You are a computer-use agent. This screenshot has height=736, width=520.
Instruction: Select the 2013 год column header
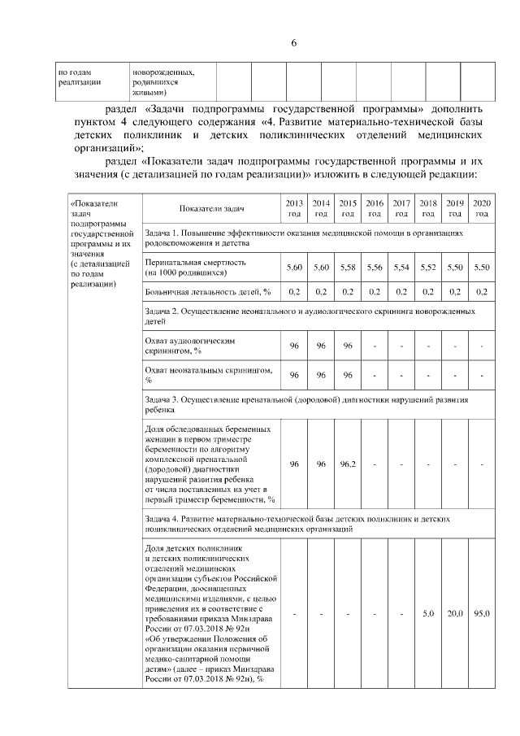click(x=294, y=208)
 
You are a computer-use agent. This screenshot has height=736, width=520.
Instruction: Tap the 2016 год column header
click(x=374, y=208)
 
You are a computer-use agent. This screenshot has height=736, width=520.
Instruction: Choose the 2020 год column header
click(x=481, y=208)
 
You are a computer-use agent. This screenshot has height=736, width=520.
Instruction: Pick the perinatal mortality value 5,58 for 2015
click(x=347, y=268)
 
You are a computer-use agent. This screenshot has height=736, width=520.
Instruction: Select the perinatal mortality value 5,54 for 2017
click(x=401, y=268)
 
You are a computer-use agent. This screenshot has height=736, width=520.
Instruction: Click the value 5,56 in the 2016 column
click(x=374, y=268)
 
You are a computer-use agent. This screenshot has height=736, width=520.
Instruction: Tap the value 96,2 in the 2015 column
click(x=347, y=464)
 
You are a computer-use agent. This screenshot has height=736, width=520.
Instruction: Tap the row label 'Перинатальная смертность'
click(x=195, y=263)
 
